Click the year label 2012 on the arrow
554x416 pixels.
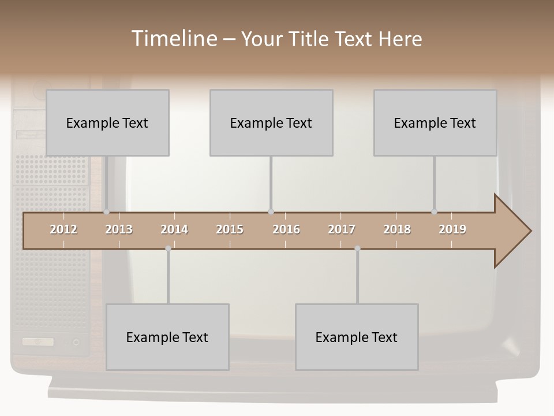pyautogui.click(x=63, y=229)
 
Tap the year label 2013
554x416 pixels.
pyautogui.click(x=119, y=229)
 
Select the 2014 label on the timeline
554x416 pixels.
pyautogui.click(x=174, y=229)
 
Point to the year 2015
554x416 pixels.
pyautogui.click(x=230, y=229)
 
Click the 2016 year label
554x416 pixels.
pyautogui.click(x=286, y=229)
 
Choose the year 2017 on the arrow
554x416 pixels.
pyautogui.click(x=342, y=229)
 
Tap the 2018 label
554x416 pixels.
pyautogui.click(x=397, y=229)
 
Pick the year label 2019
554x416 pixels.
pyautogui.click(x=452, y=229)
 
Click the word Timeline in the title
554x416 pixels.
pyautogui.click(x=173, y=39)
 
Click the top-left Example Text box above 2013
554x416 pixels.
pyautogui.click(x=107, y=122)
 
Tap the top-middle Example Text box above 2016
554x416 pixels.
pyautogui.click(x=271, y=122)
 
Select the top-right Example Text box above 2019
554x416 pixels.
pyautogui.click(x=435, y=122)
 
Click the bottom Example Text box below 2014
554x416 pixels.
pyautogui.click(x=167, y=337)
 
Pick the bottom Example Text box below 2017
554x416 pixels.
pyautogui.click(x=357, y=337)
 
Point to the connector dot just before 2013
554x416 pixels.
pyautogui.click(x=106, y=212)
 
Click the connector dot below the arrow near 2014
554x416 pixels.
pyautogui.click(x=168, y=248)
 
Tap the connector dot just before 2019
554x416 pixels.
pyautogui.click(x=434, y=212)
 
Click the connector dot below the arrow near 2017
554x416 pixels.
pyautogui.click(x=357, y=248)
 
